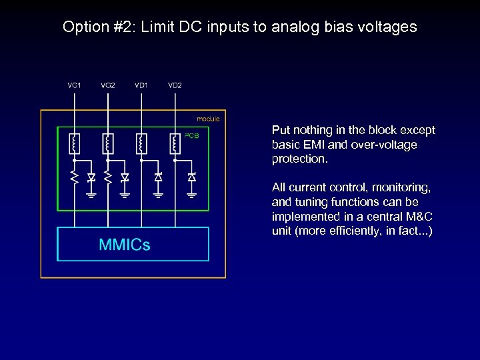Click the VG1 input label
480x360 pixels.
[x=75, y=85]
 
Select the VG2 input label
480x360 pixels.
[x=108, y=85]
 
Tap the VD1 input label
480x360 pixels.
[x=141, y=85]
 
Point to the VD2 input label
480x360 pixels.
[x=175, y=85]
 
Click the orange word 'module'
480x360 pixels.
[x=208, y=119]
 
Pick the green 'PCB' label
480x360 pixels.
[x=192, y=136]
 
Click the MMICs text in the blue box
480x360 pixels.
[x=125, y=245]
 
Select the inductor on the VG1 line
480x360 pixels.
[x=74, y=143]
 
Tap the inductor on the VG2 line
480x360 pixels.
[x=107, y=143]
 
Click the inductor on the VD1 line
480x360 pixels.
[x=141, y=143]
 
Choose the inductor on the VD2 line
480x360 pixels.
[x=174, y=143]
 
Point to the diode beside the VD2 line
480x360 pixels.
[x=191, y=177]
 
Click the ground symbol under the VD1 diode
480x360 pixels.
[x=158, y=195]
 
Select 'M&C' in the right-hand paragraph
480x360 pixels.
[x=417, y=217]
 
